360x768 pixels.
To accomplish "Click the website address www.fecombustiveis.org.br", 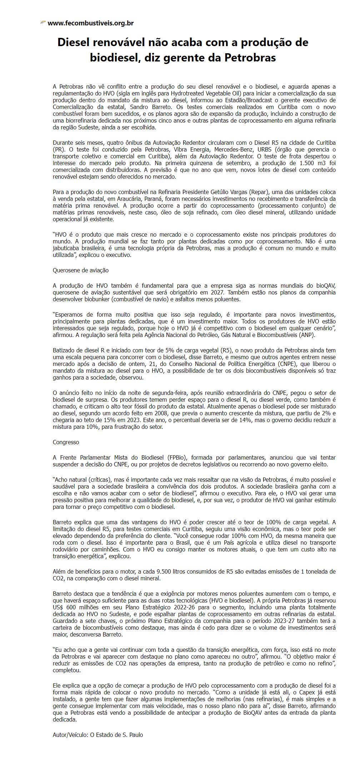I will [90, 23].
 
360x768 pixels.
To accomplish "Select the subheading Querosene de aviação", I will [81, 270].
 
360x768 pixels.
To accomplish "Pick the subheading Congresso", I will [66, 442].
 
